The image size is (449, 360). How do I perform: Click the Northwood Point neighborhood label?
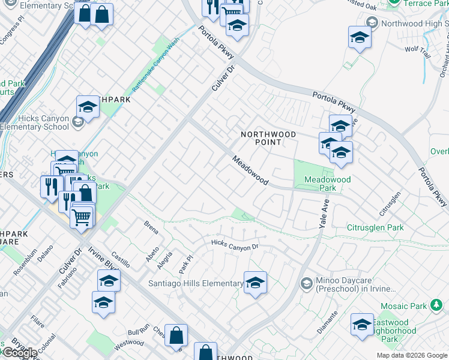coord(268,138)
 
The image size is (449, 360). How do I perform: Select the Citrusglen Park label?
coord(375,228)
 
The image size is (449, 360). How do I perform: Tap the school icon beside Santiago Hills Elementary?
coord(255,282)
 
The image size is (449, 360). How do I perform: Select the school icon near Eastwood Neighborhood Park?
coord(362,324)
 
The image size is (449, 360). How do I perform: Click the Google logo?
coord(20,352)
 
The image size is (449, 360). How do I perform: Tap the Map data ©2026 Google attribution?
coord(411,355)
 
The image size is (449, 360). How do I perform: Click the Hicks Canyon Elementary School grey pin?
coord(77,122)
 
